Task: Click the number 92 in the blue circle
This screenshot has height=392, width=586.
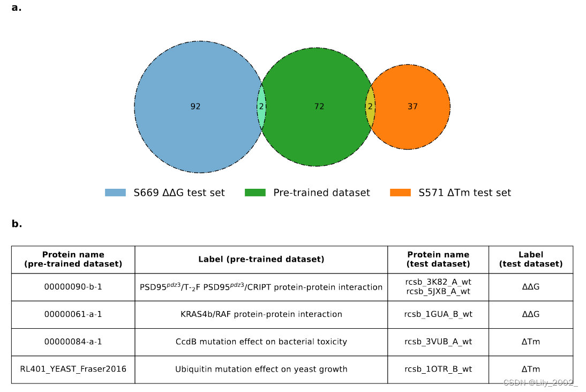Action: [x=196, y=107]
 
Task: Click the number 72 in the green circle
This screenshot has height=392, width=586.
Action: [x=319, y=107]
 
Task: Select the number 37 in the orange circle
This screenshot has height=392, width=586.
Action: [x=412, y=107]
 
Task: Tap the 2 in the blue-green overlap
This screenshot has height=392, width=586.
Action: [x=261, y=107]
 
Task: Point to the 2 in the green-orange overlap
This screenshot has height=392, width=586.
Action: [x=370, y=107]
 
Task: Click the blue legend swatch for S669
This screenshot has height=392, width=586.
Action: [x=115, y=193]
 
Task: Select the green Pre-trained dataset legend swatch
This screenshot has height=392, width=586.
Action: [x=255, y=193]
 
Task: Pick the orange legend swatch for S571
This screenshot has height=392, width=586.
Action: [x=400, y=193]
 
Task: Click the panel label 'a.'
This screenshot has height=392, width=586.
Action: [x=17, y=8]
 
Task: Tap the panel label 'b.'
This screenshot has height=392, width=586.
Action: [x=17, y=224]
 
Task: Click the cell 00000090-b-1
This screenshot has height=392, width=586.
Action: [x=73, y=287]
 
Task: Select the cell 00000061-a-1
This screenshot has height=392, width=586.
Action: [x=73, y=314]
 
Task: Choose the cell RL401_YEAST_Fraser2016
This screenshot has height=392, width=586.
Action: [x=73, y=369]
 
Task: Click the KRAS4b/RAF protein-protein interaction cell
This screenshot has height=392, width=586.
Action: [x=261, y=314]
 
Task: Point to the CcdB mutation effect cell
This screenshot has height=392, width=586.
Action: [x=261, y=342]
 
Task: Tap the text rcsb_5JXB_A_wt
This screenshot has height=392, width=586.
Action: [x=438, y=292]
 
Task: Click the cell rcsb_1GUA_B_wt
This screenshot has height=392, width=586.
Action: [x=438, y=314]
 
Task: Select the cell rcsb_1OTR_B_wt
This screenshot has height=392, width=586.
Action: [x=438, y=369]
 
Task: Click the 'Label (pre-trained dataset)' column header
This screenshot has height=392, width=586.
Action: [x=261, y=260]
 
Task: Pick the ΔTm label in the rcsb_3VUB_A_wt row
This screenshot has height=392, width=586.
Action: [x=531, y=342]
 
